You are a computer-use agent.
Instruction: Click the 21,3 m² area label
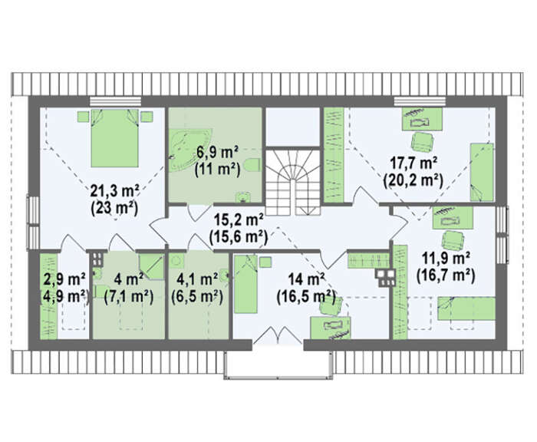114,191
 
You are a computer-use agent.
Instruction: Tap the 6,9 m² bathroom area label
217,152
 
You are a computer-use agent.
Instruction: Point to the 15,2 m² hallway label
238,219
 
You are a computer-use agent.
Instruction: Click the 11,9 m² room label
446,258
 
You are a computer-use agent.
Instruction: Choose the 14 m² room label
306,279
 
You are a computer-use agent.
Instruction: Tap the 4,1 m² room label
197,279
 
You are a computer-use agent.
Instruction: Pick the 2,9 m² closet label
64,279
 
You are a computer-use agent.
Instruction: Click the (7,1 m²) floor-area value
128,297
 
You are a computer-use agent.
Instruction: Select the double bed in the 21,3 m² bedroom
115,137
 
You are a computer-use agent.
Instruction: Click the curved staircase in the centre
294,182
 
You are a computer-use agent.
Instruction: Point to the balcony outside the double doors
278,364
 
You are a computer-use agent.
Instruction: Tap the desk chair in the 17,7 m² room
422,142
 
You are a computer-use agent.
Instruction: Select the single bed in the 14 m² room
245,284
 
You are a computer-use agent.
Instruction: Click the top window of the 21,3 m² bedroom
115,101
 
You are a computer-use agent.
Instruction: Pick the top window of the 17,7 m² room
420,101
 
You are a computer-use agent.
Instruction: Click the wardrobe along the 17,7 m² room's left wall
334,155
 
